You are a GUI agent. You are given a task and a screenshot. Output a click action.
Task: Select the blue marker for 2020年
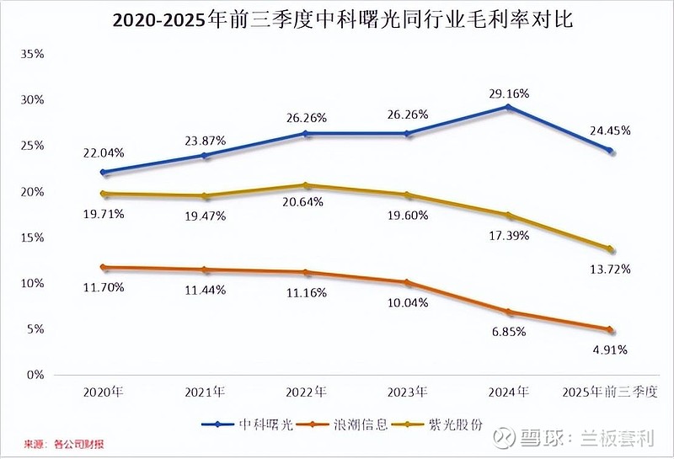click(103, 172)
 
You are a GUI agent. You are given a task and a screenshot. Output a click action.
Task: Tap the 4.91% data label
click(610, 349)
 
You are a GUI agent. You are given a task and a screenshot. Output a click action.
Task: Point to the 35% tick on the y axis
click(31, 54)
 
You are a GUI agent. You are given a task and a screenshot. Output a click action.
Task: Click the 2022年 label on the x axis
click(305, 392)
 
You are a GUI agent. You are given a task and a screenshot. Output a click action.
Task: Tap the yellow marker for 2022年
click(305, 185)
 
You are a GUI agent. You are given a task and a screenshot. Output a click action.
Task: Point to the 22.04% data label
click(103, 152)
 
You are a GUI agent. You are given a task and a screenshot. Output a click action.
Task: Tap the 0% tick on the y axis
click(35, 375)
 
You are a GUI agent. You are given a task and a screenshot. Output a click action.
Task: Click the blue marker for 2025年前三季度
click(610, 151)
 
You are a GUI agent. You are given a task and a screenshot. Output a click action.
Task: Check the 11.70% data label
click(103, 287)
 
